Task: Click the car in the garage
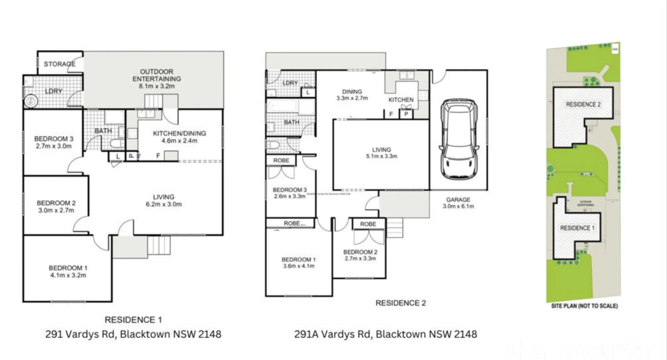click(459, 139)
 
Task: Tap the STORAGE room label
click(59, 64)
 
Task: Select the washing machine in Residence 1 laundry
click(31, 101)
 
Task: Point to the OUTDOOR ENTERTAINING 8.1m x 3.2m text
click(156, 79)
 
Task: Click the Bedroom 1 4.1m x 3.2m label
click(68, 271)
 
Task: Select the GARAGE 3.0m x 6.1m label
click(458, 203)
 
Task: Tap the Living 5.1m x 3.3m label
click(381, 153)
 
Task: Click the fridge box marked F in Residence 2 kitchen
click(391, 114)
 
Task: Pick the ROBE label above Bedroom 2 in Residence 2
click(368, 224)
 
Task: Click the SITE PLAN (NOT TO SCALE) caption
click(584, 306)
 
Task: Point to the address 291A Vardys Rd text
click(385, 334)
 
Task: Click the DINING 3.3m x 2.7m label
click(352, 95)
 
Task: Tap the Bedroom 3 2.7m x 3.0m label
click(53, 142)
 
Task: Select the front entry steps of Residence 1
click(159, 245)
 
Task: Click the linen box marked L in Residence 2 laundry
click(308, 92)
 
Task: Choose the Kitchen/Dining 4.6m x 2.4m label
click(179, 137)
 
